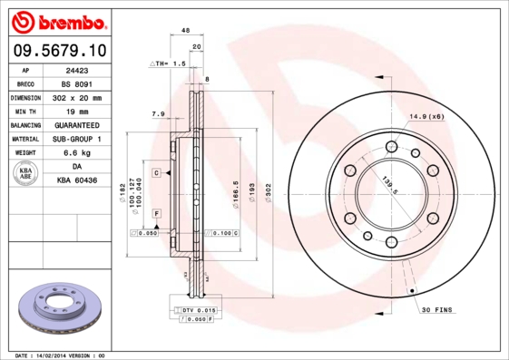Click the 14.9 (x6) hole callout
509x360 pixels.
click(x=425, y=117)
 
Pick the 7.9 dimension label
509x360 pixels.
click(x=158, y=113)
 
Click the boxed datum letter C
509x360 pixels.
click(x=156, y=172)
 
